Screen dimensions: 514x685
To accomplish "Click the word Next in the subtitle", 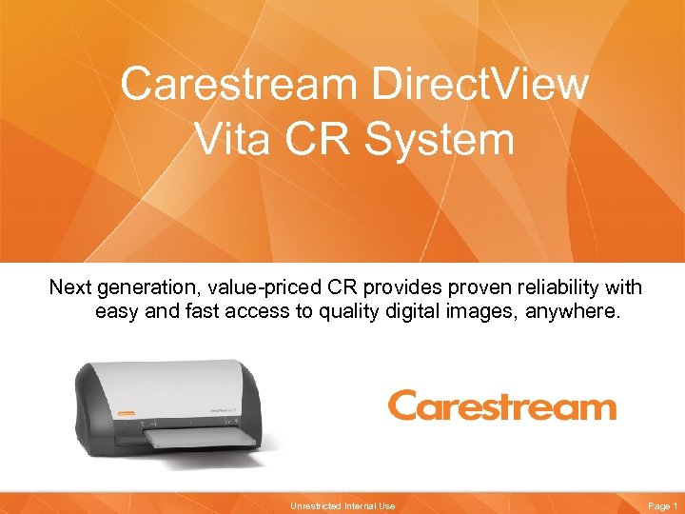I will tap(71, 287).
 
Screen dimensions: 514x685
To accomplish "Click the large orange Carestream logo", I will tap(501, 406).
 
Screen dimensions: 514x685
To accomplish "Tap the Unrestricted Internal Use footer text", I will tap(342, 505).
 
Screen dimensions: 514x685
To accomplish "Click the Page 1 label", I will tap(661, 505).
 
